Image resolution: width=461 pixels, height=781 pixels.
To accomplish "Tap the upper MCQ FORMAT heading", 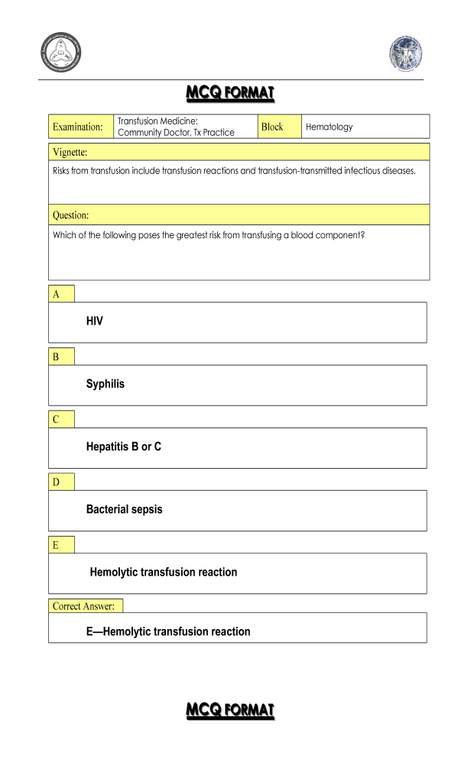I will [230, 94].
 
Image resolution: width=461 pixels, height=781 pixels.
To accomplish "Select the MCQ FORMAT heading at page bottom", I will [230, 710].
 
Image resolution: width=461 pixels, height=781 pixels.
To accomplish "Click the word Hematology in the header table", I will [330, 127].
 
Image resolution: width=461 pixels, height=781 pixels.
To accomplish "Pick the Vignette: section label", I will [70, 152].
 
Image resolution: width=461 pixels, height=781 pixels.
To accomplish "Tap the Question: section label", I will [70, 215].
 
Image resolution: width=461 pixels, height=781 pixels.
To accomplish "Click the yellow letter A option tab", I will [61, 294].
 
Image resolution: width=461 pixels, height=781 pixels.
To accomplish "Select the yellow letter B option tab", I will [61, 357].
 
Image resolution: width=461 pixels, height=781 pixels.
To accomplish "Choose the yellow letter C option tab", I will [61, 419].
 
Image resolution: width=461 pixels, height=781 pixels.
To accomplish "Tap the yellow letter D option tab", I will [61, 482].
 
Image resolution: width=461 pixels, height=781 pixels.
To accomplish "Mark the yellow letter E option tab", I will [61, 544].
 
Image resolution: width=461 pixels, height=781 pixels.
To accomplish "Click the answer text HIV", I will [94, 321].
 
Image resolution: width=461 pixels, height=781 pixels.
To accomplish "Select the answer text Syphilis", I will [105, 384].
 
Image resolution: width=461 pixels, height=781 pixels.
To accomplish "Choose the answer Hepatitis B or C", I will [123, 447].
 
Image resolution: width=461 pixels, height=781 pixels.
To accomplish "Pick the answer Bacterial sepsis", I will [124, 509].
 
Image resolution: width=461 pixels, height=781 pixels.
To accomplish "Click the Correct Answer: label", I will [85, 606].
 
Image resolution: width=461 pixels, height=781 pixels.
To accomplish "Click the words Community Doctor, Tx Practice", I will [176, 133].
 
